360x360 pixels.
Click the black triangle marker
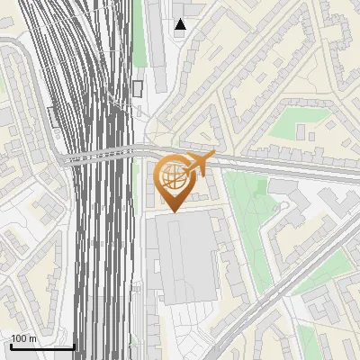coord(181,24)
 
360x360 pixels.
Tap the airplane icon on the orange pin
coord(199,164)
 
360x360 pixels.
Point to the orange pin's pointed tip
coord(172,212)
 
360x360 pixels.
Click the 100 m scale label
coord(23,338)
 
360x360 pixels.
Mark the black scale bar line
coord(41,347)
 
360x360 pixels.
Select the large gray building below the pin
coord(185,256)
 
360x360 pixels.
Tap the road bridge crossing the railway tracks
coord(99,156)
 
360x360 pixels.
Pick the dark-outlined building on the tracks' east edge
coord(138,87)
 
